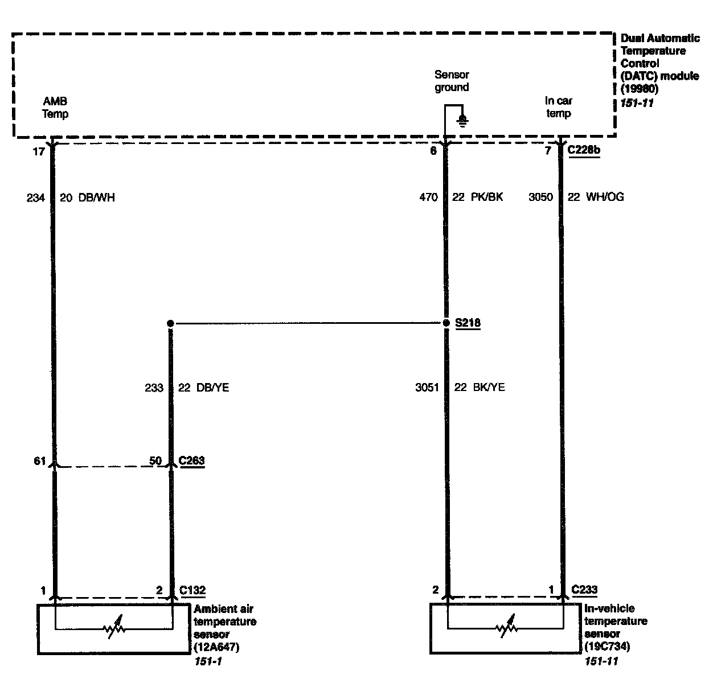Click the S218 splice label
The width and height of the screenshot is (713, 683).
468,323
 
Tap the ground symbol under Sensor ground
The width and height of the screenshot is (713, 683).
463,120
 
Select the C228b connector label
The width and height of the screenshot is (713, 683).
584,151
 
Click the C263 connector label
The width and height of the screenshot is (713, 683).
192,460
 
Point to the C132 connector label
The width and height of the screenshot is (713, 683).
192,590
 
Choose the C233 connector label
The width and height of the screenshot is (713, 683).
584,590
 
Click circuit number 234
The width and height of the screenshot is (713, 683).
35,198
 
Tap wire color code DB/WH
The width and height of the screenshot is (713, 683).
95,198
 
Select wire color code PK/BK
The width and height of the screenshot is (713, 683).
487,198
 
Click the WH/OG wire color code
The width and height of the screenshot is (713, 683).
604,198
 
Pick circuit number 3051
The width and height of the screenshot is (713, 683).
427,388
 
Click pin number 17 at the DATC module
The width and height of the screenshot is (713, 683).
38,152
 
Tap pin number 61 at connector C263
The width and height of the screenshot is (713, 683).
39,461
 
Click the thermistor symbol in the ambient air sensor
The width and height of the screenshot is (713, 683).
114,628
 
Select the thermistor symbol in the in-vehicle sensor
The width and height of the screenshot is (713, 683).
506,628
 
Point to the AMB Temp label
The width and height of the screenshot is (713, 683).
56,108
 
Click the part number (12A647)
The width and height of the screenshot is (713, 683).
216,647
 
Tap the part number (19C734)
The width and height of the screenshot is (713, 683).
607,647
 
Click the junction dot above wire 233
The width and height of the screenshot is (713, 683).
170,323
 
